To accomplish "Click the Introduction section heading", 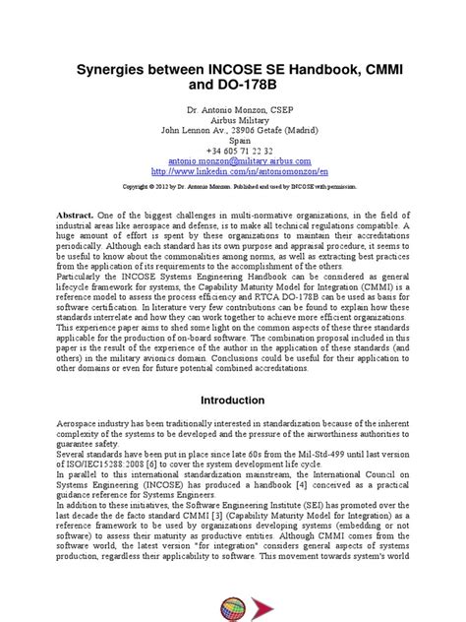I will (x=233, y=401).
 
